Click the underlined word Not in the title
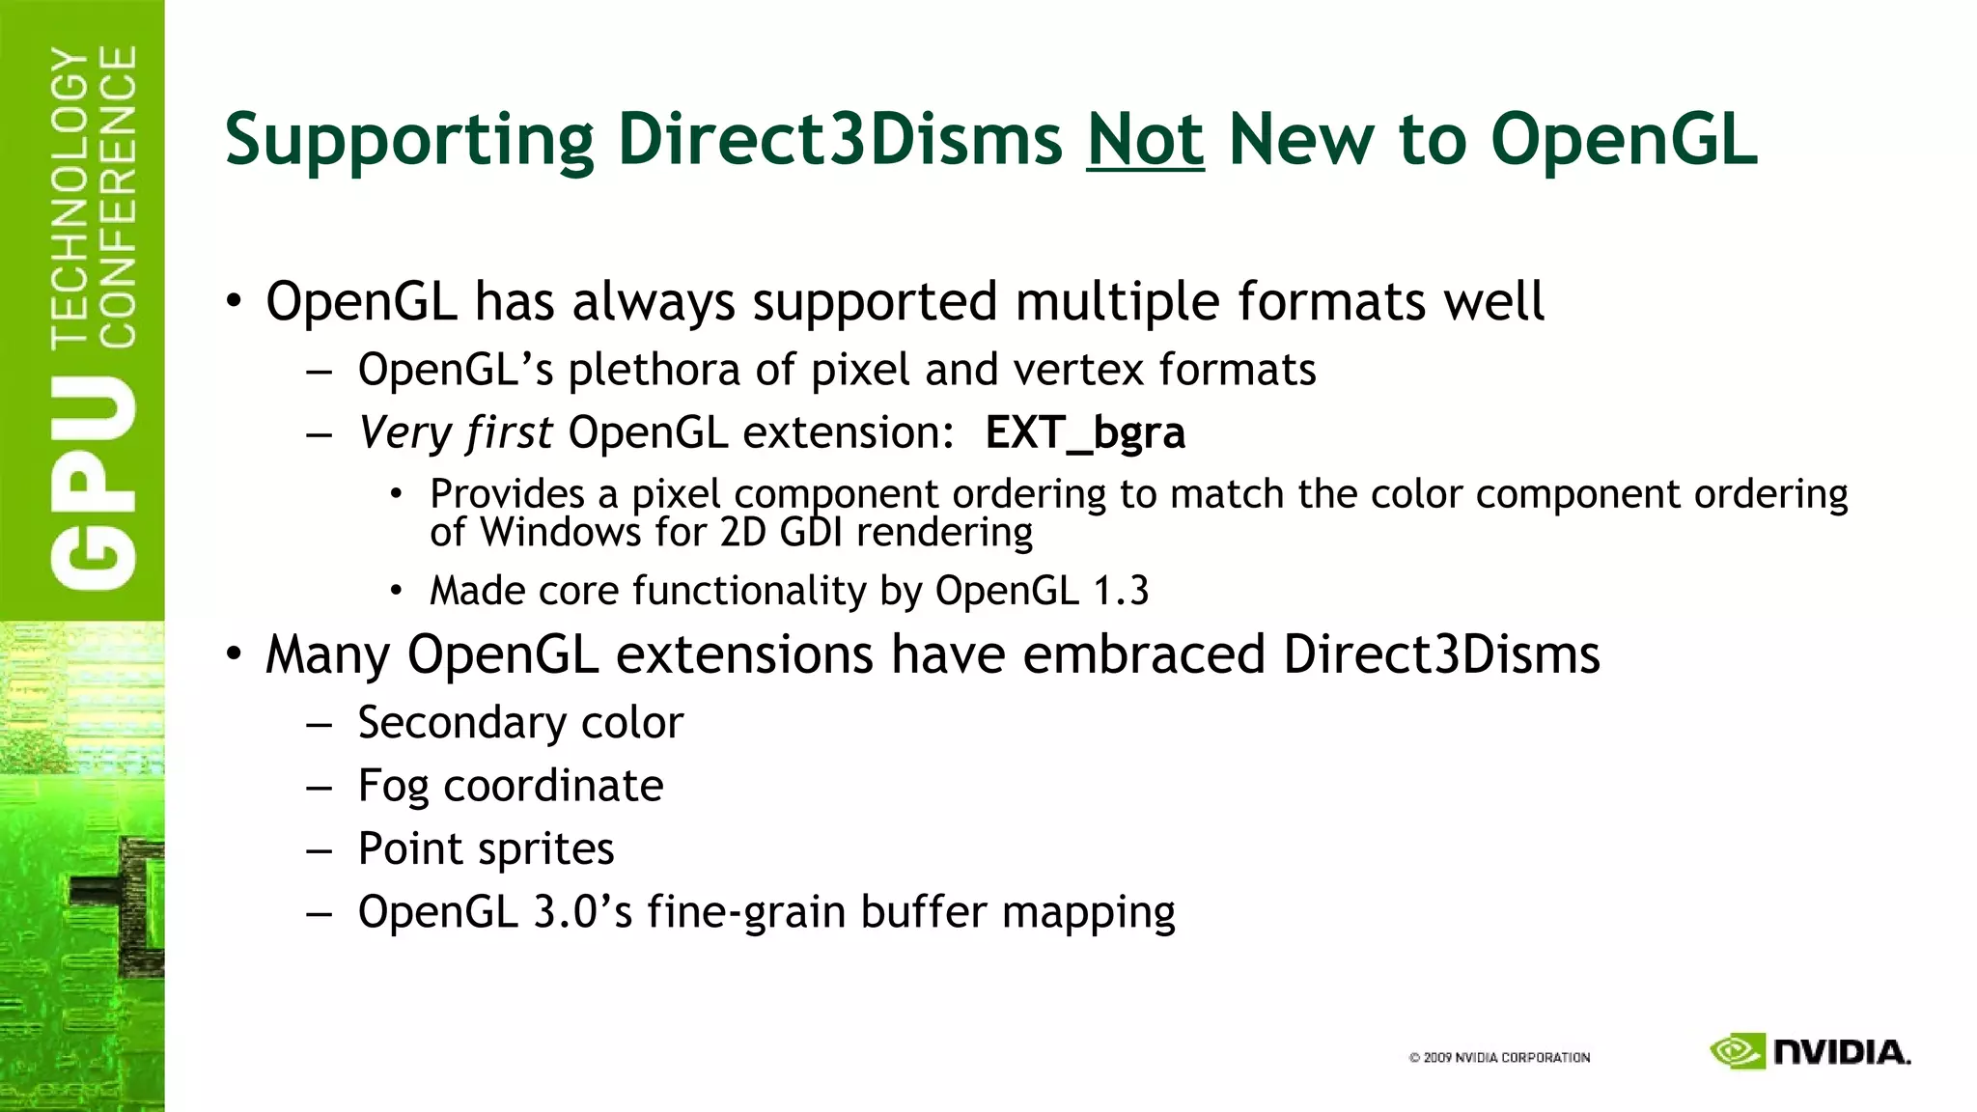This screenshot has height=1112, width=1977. tap(1145, 140)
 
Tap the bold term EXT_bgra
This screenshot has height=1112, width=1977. tap(1085, 432)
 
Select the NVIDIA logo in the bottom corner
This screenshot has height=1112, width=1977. tap(1810, 1051)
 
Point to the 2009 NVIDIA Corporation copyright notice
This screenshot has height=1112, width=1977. tap(1499, 1058)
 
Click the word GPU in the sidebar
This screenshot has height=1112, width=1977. tap(94, 482)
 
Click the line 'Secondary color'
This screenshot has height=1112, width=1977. tap(520, 723)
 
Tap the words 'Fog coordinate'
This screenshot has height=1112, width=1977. tap(511, 786)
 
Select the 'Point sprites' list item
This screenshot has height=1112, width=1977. tap(486, 849)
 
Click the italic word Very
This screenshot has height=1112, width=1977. tap(405, 433)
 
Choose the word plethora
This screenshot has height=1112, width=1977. tap(654, 371)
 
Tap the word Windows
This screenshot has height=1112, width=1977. tap(560, 533)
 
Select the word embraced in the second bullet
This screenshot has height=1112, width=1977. tap(1144, 654)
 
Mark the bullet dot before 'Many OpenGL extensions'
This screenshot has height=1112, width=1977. tap(235, 654)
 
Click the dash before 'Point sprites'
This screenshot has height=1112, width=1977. tap(320, 850)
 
